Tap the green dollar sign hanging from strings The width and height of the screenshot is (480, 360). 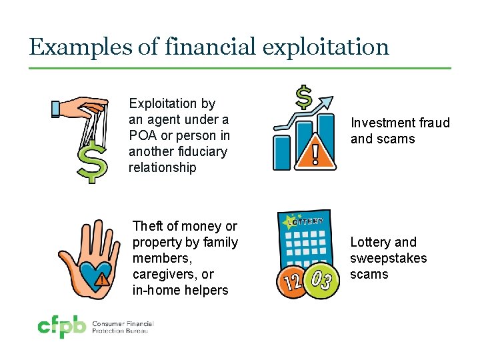[91, 162]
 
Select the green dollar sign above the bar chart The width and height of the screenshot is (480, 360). [303, 97]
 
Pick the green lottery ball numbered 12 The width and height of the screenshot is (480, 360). [294, 280]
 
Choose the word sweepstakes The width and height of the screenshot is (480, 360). [388, 258]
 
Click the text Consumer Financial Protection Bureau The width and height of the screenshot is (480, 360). [123, 327]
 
